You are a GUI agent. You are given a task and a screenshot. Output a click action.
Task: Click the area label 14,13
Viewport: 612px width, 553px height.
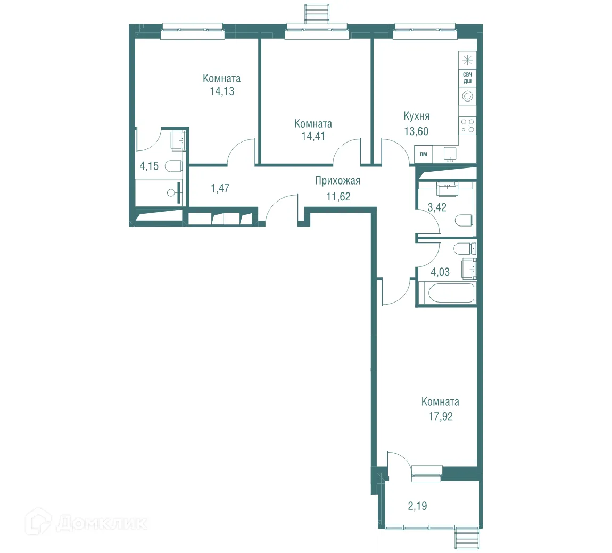pos(222,91)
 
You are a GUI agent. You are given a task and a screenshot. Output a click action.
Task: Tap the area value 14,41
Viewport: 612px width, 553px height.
pos(313,136)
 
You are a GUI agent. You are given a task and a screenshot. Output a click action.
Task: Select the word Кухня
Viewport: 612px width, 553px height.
pos(417,116)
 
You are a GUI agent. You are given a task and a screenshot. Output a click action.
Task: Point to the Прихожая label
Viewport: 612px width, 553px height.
pos(337,181)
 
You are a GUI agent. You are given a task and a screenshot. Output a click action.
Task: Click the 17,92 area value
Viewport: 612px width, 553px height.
pos(441,416)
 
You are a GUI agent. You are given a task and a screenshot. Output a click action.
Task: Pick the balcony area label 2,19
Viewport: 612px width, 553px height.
pos(417,506)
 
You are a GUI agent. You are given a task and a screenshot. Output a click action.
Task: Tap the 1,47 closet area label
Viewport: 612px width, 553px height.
pos(220,188)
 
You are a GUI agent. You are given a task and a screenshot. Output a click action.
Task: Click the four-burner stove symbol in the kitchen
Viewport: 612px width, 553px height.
pos(467,125)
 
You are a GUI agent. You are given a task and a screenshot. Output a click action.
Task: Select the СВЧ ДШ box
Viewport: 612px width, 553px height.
pos(467,78)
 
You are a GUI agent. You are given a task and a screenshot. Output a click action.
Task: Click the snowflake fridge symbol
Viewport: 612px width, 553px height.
pos(467,60)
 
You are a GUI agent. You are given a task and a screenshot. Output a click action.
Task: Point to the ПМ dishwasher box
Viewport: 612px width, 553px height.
pos(424,154)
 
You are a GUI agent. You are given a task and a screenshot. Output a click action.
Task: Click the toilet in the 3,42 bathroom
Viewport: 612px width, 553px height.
pos(464,220)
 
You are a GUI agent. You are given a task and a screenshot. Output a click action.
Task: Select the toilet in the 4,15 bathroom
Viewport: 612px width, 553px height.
pos(174,166)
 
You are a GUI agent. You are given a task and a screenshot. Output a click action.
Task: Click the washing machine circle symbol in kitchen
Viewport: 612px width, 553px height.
pos(467,96)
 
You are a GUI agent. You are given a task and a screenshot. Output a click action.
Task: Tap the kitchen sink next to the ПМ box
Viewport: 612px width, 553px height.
pos(450,154)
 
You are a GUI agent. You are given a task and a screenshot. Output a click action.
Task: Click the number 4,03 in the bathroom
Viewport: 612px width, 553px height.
pos(440,272)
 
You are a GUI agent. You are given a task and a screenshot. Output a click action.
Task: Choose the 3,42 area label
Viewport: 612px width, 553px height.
pos(437,207)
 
